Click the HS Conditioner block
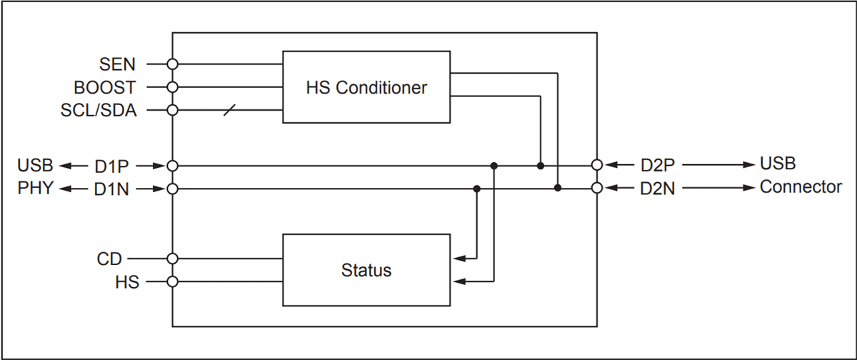366,87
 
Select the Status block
366,270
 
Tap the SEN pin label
118,64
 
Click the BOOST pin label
104,88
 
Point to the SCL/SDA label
99,111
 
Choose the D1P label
111,166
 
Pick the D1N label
111,189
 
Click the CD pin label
109,258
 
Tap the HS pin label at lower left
126,281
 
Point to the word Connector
801,188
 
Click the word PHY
35,189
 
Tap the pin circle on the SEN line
172,64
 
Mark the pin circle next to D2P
597,165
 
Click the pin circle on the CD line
172,258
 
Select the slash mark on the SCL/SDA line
229,111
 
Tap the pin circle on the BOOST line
172,87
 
